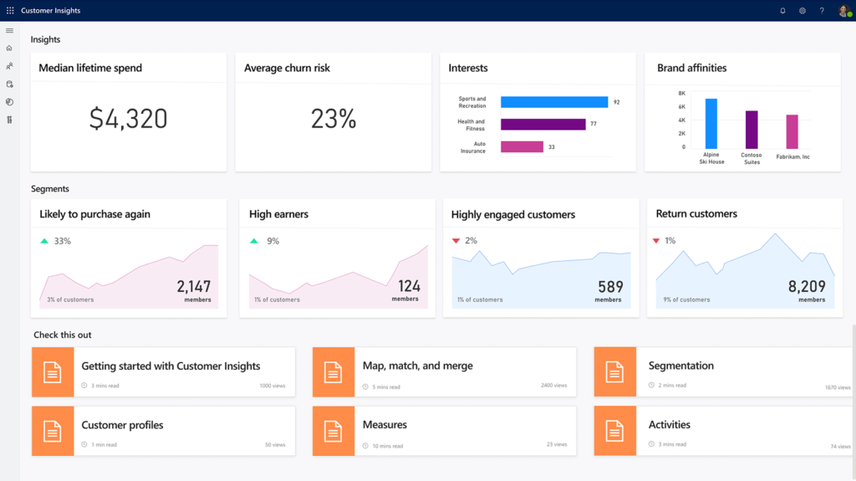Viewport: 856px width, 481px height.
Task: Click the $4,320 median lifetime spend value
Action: point(128,119)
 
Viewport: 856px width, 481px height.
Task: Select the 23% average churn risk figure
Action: point(334,119)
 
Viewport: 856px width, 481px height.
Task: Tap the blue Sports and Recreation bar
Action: point(553,102)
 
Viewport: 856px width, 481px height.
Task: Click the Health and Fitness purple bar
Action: point(543,124)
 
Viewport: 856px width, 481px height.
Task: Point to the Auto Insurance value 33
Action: point(551,147)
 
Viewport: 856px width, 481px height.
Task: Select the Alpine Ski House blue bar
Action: point(711,123)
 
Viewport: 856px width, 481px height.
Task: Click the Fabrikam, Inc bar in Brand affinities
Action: point(792,131)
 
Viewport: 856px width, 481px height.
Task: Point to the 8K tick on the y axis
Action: point(681,94)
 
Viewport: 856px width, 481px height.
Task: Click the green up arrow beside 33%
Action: point(44,241)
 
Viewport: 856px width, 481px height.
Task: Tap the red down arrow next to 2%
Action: point(456,241)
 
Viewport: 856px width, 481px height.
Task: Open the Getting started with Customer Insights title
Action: point(171,366)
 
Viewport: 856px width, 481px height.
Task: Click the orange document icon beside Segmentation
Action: point(615,371)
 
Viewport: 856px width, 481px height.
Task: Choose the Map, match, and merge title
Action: point(417,366)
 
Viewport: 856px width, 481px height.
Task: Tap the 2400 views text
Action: point(553,386)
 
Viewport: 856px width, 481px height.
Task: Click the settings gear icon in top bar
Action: point(802,11)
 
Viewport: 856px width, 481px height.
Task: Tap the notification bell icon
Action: point(782,11)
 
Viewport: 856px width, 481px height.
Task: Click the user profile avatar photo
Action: point(843,11)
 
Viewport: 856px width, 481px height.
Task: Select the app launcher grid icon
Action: point(10,11)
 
